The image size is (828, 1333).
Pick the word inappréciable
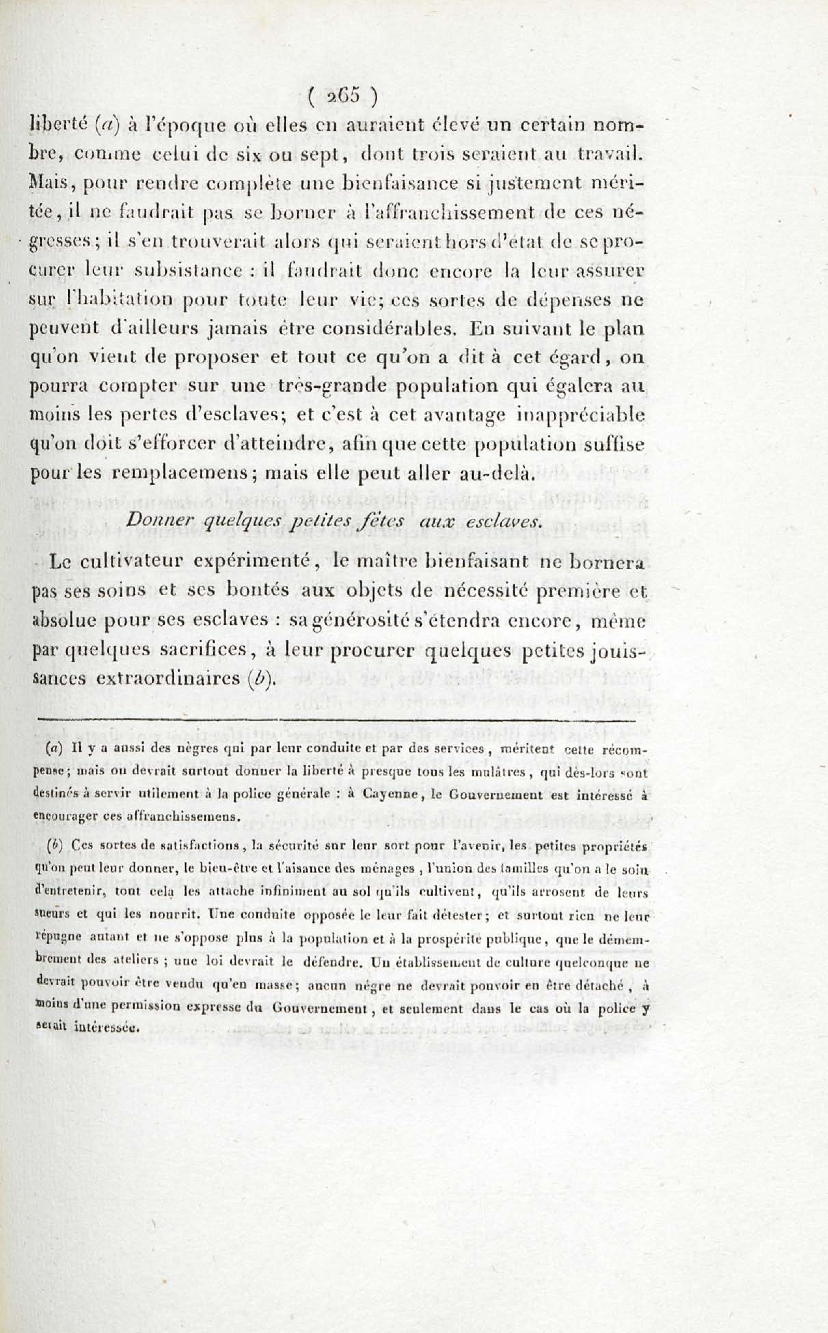(581, 414)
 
